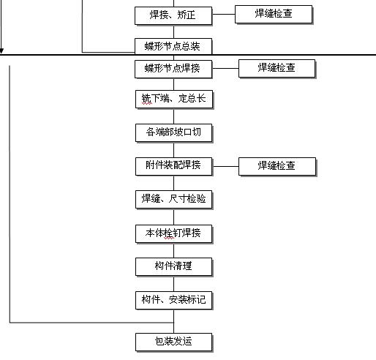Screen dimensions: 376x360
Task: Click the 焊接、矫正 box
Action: (x=173, y=16)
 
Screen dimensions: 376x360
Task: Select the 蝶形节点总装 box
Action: (x=173, y=46)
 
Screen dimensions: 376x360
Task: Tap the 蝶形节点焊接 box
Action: (x=173, y=70)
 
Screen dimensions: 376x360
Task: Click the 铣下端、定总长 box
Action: (x=174, y=100)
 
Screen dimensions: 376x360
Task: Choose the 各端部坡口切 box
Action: (x=174, y=133)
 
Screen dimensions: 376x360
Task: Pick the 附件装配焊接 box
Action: (x=174, y=167)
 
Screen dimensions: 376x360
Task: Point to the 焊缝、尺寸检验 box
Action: (x=174, y=200)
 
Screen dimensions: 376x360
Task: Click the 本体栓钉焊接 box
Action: (x=174, y=234)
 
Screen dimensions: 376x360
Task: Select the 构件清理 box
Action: (x=174, y=267)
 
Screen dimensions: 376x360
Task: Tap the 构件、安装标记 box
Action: (x=174, y=301)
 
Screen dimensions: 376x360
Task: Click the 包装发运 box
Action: (x=174, y=342)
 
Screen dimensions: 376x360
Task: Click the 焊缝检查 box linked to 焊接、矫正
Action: (x=274, y=15)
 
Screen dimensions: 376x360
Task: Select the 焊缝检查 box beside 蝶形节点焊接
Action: (x=277, y=69)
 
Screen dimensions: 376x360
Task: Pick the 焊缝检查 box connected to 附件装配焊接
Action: (x=277, y=167)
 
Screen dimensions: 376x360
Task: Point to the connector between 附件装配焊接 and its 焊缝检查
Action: (x=225, y=167)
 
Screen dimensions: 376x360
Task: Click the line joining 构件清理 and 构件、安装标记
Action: (x=173, y=284)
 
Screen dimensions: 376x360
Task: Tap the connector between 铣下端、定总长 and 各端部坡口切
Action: (x=173, y=116)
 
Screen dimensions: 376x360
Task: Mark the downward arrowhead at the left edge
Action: (x=1, y=50)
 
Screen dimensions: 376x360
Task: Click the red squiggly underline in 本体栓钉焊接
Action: (x=169, y=239)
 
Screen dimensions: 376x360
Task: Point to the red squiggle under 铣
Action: (x=147, y=104)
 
